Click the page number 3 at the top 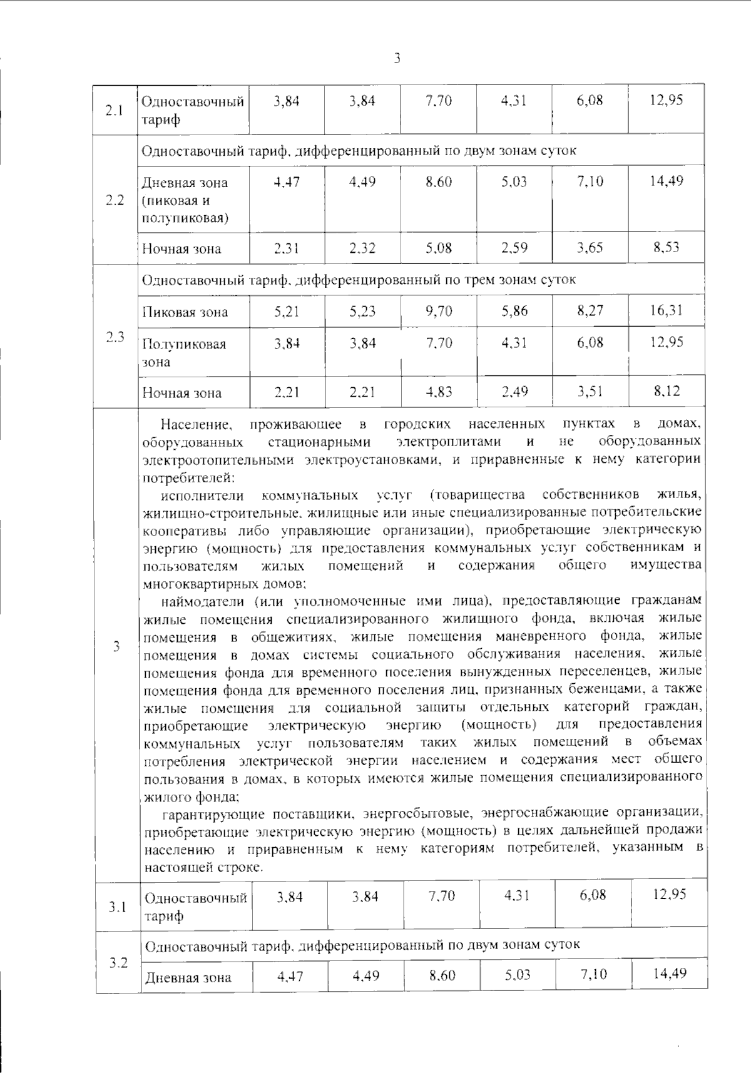click(396, 59)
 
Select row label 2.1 click(115, 111)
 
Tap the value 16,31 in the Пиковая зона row click(666, 310)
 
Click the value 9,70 click(439, 311)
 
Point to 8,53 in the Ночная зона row click(667, 247)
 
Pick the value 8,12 click(667, 391)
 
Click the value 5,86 click(514, 311)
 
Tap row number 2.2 click(115, 201)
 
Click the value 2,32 click(362, 248)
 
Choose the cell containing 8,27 click(590, 310)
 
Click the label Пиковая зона click(185, 312)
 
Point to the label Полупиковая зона click(183, 352)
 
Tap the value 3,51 click(590, 392)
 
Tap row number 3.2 click(118, 962)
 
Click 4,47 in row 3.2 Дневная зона click(290, 975)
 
